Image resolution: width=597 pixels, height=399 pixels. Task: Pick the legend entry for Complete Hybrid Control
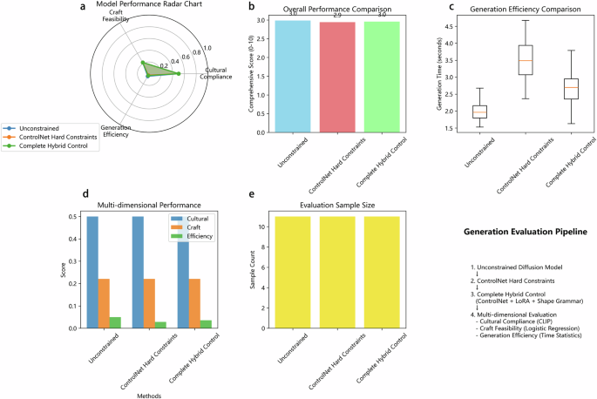pos(57,148)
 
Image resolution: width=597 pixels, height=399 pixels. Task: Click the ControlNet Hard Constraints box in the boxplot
pos(526,59)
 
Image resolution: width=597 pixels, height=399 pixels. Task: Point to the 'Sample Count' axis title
pos(254,273)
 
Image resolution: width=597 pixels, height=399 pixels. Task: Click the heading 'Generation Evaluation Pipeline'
pos(526,233)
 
